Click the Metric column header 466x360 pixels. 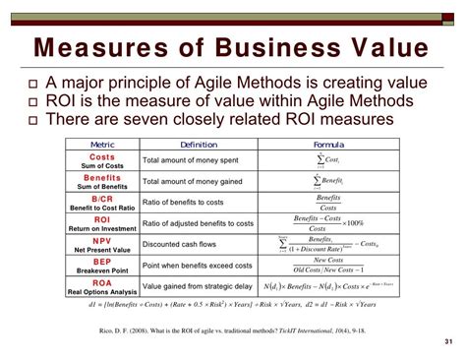102,143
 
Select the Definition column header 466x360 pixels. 199,143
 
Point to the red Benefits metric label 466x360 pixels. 102,178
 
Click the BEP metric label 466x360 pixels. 102,263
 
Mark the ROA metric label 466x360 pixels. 102,284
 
